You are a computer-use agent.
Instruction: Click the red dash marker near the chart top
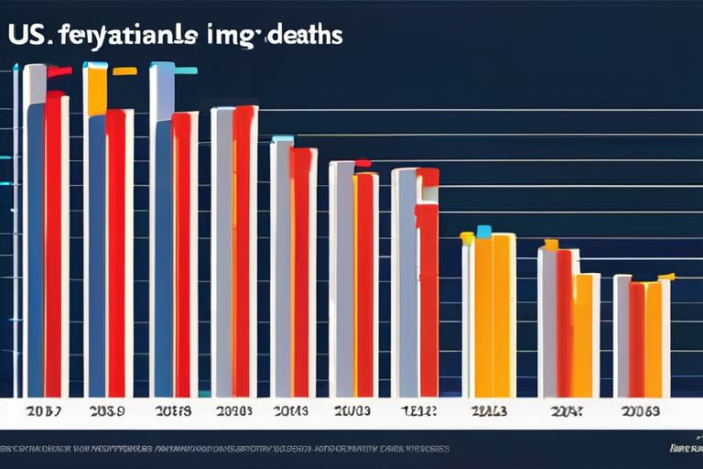(59, 71)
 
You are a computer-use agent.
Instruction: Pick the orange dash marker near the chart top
(124, 71)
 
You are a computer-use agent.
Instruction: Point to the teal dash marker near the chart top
(186, 70)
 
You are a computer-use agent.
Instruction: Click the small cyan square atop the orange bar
(483, 231)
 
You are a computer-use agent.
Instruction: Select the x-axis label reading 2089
(106, 411)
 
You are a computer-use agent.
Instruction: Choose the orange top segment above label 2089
(95, 90)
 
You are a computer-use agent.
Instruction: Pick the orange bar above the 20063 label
(653, 339)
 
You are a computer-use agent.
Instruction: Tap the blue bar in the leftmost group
(35, 247)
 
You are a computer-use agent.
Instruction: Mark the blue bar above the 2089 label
(96, 256)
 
